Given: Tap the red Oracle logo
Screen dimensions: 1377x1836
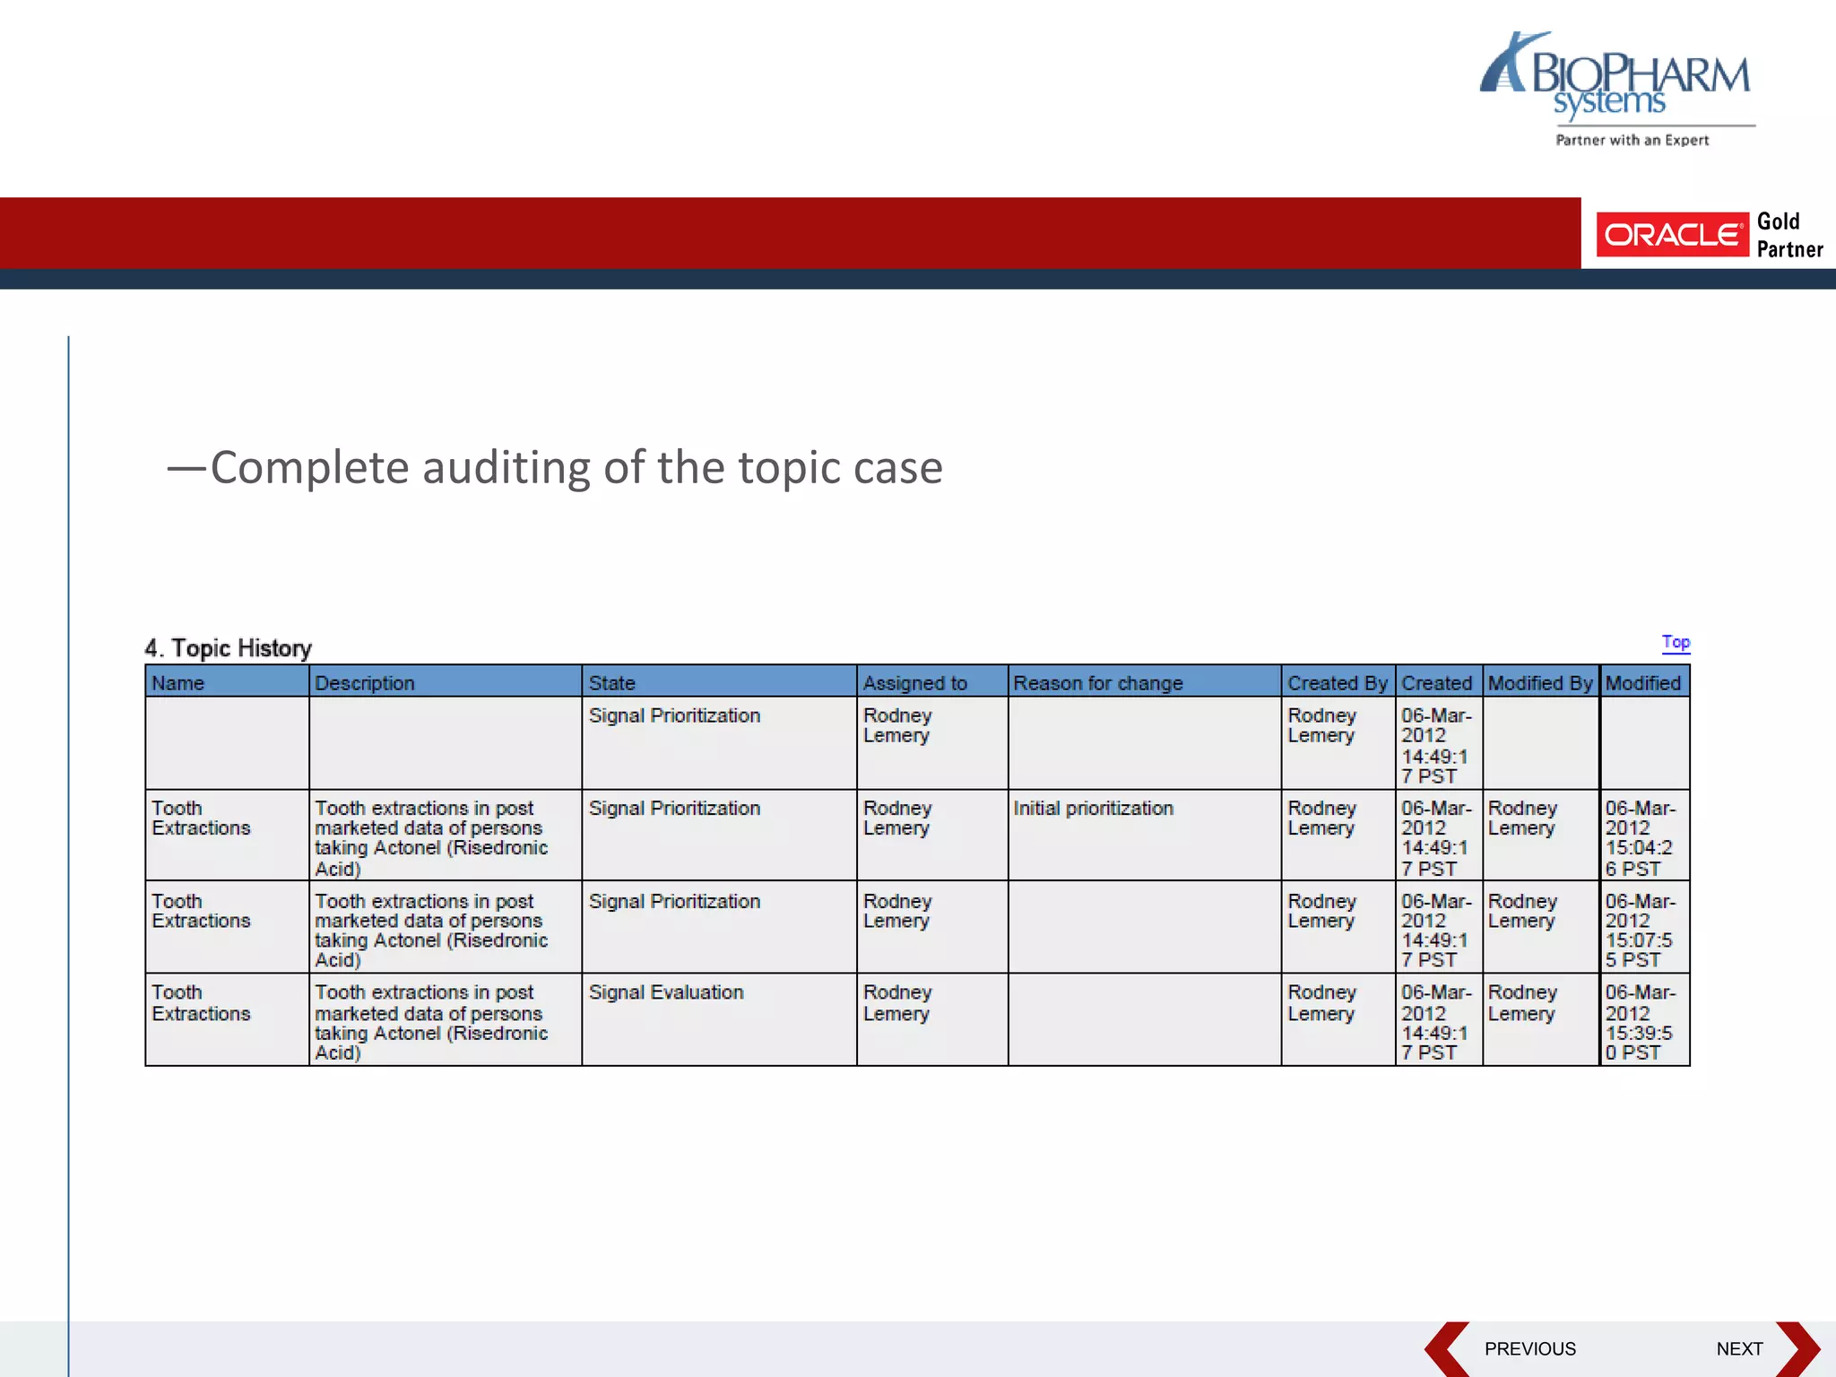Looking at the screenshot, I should pyautogui.click(x=1671, y=235).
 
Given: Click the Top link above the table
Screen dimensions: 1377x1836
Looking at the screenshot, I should pyautogui.click(x=1675, y=642).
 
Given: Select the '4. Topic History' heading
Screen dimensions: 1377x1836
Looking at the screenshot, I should pyautogui.click(x=228, y=648).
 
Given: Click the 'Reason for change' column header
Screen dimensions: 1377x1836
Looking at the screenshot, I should pyautogui.click(x=1097, y=683).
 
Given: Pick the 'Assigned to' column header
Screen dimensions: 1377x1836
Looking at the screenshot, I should pyautogui.click(x=914, y=683).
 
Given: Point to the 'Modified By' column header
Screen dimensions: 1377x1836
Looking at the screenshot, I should pyautogui.click(x=1539, y=683).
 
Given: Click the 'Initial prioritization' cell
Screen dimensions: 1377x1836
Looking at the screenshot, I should pyautogui.click(x=1093, y=809).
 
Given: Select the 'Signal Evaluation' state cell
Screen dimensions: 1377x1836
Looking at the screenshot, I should pyautogui.click(x=666, y=992).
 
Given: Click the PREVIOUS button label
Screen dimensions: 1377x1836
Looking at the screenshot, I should pyautogui.click(x=1529, y=1349).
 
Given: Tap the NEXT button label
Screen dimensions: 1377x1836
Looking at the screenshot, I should pyautogui.click(x=1739, y=1349).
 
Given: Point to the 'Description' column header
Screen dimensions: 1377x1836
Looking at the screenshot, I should pyautogui.click(x=364, y=683).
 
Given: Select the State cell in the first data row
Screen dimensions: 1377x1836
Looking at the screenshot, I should pyautogui.click(x=674, y=716).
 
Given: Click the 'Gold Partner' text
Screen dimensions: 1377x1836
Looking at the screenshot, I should pyautogui.click(x=1788, y=235).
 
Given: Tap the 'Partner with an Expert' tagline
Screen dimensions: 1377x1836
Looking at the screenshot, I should pyautogui.click(x=1632, y=140).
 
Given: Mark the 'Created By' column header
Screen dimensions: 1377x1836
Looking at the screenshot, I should pyautogui.click(x=1337, y=683).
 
